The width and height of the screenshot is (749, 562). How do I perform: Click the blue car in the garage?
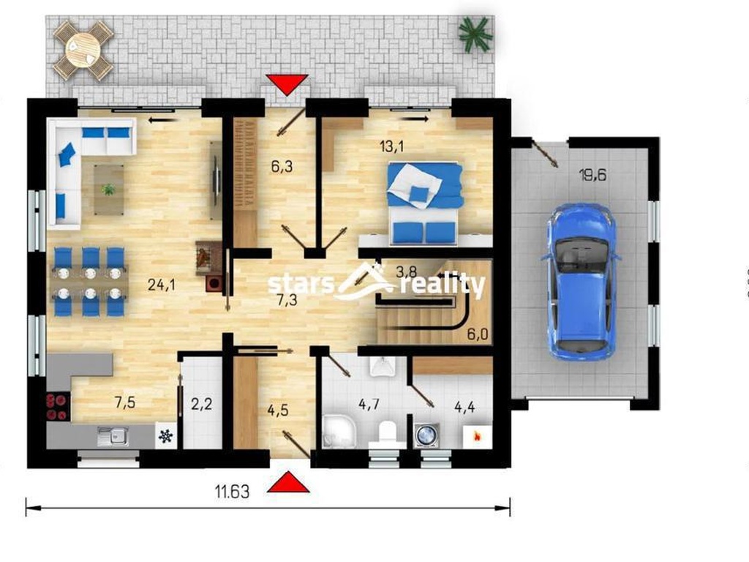[x=581, y=281]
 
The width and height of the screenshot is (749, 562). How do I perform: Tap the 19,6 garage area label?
[x=592, y=175]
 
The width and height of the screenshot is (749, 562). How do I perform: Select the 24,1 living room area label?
[x=162, y=285]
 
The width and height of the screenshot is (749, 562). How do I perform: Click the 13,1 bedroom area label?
[x=392, y=146]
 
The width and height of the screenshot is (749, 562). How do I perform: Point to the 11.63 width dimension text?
[x=232, y=491]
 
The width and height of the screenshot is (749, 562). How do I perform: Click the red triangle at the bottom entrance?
[x=288, y=482]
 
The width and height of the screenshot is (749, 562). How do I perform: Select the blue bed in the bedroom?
[x=425, y=203]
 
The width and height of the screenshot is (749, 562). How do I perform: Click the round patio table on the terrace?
[x=83, y=50]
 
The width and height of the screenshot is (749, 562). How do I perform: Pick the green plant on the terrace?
[x=475, y=34]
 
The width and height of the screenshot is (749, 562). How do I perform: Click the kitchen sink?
[x=113, y=436]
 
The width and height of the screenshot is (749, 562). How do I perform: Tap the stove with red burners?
[x=57, y=407]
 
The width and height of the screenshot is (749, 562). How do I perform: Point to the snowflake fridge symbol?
[x=166, y=436]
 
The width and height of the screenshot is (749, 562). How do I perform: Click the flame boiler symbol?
[x=476, y=436]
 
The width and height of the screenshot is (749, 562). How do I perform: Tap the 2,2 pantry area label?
[x=201, y=404]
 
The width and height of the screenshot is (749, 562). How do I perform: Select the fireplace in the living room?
[x=209, y=265]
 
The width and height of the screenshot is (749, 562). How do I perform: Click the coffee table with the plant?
[x=109, y=190]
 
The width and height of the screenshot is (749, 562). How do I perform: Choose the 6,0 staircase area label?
[x=478, y=334]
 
